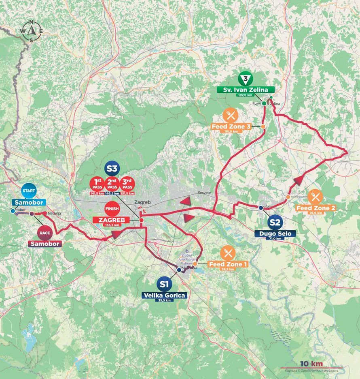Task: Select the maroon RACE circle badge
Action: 44,233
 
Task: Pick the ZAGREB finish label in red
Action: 111,220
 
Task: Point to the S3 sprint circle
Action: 112,169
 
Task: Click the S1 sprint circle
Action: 163,284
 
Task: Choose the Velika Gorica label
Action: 163,295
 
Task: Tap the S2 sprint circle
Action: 275,222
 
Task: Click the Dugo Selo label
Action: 275,234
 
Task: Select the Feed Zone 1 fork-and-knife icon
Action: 228,253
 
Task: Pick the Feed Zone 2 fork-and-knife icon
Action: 315,197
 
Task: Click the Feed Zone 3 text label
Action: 231,127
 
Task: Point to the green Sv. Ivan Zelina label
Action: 246,90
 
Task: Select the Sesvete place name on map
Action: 205,193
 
